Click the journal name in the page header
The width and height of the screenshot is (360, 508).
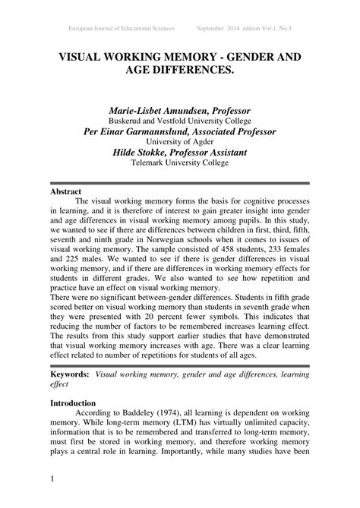point(122,28)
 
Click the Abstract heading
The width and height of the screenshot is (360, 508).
point(65,191)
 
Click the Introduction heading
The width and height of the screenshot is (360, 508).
point(73,402)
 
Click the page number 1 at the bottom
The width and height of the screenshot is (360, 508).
point(52,478)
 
